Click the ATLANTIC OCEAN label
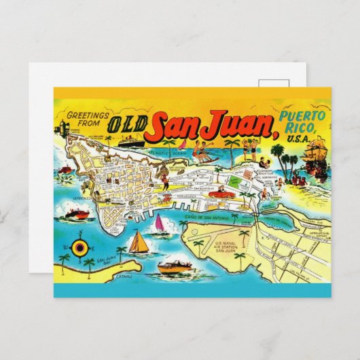170,153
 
